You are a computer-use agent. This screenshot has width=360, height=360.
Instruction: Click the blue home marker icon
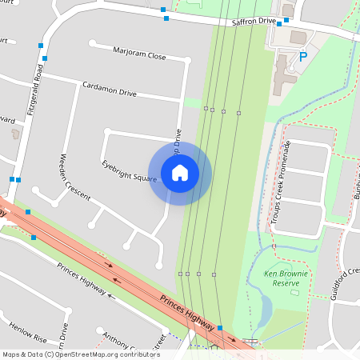click(x=180, y=173)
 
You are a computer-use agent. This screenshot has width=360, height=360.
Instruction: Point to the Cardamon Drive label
click(x=110, y=89)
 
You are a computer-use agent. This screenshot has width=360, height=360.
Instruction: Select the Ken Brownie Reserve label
click(x=286, y=278)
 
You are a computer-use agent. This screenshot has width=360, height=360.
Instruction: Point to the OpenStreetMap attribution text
click(x=81, y=354)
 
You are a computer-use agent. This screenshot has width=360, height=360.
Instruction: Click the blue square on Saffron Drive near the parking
click(x=278, y=23)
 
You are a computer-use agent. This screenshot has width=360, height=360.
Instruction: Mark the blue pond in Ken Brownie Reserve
click(x=265, y=308)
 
